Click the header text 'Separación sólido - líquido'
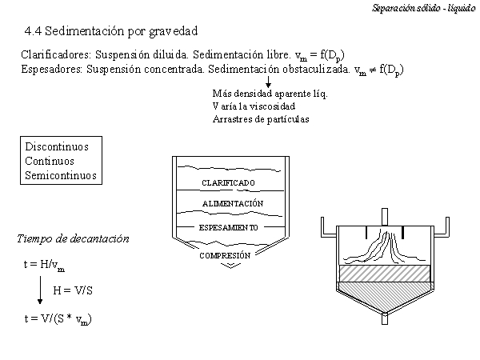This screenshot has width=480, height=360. [424, 8]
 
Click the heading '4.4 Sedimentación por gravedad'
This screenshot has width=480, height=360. [111, 31]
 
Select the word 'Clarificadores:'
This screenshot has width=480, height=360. [56, 54]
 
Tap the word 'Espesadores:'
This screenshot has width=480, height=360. [52, 69]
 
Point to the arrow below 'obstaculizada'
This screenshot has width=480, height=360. [268, 82]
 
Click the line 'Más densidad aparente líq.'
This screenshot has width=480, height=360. [270, 94]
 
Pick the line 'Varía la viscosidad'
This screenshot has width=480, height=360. [254, 106]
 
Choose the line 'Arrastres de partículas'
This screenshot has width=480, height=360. [261, 119]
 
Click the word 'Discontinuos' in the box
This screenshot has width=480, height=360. [57, 146]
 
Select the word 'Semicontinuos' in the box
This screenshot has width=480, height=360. [61, 175]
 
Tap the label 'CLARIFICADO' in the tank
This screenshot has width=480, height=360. [228, 182]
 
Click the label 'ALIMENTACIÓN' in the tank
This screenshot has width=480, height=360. [233, 203]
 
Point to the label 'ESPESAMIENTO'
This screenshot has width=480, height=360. [228, 227]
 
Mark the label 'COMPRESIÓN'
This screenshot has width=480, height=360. [225, 255]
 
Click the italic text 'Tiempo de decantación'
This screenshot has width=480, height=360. [73, 238]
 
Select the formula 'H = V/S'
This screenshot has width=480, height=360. [73, 290]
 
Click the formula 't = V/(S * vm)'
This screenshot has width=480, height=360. [58, 319]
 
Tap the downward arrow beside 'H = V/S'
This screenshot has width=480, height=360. [40, 290]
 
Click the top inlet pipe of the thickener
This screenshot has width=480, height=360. [385, 217]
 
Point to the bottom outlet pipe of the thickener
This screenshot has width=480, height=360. [385, 318]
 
